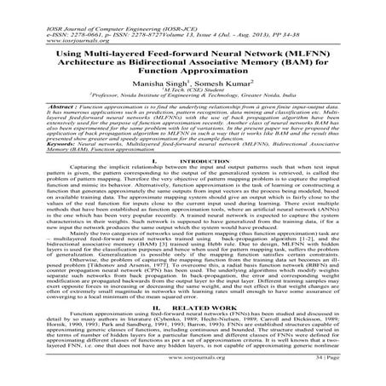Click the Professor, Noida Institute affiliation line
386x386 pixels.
[x=193, y=91]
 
